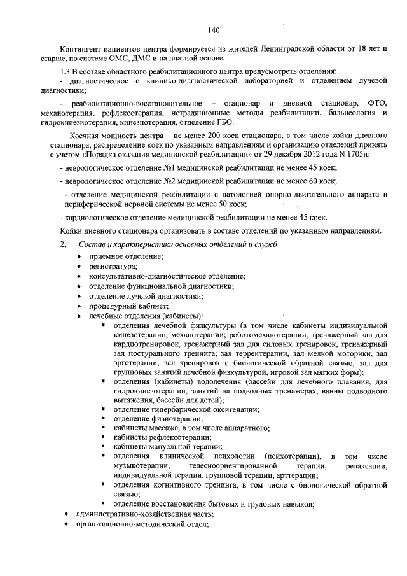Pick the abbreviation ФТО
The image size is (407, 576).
click(x=378, y=103)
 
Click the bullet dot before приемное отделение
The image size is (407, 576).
click(x=78, y=256)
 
